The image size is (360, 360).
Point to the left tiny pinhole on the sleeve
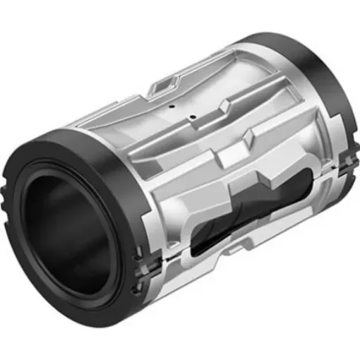click(x=172, y=107)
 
